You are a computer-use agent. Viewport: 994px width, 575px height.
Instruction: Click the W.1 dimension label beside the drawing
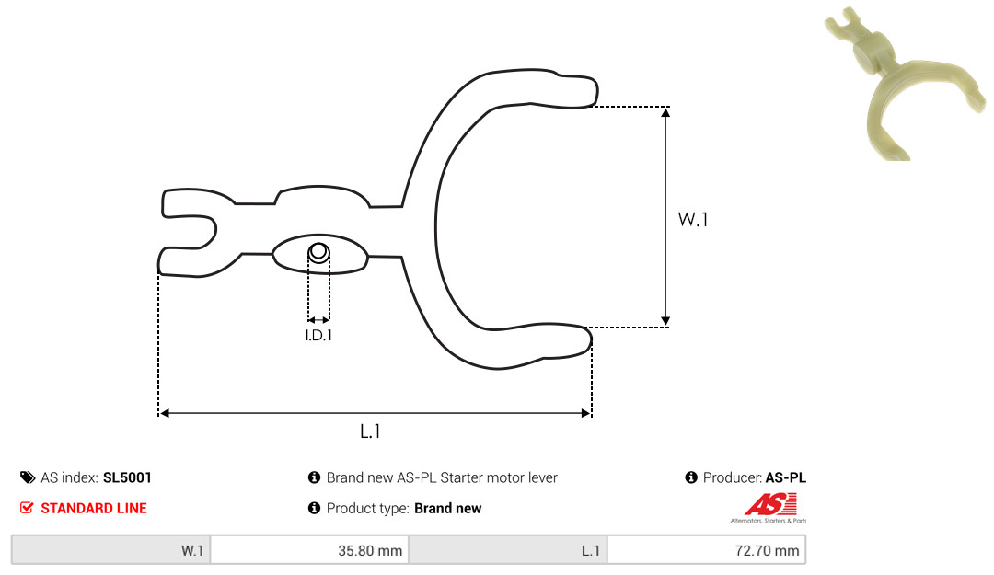[694, 220]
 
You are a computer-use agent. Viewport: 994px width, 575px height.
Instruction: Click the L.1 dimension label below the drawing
[370, 431]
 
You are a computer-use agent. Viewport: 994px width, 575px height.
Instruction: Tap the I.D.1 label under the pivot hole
[318, 336]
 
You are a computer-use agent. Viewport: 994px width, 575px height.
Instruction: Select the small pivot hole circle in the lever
[318, 251]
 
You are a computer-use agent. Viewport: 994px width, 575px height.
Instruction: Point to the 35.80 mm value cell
[309, 551]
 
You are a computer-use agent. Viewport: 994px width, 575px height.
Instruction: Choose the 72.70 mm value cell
[706, 551]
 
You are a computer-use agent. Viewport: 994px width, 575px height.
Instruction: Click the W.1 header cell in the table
[110, 551]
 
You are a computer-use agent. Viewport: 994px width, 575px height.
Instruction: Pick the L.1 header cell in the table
[507, 551]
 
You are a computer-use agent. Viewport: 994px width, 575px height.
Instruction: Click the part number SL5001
[128, 477]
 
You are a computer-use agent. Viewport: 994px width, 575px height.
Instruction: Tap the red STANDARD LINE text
[93, 508]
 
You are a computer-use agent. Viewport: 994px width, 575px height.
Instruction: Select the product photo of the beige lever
[889, 83]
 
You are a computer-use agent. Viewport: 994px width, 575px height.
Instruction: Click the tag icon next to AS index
[28, 477]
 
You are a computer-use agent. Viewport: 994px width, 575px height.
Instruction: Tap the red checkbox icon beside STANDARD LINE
[27, 508]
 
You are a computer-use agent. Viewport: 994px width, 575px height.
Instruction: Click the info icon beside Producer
[691, 477]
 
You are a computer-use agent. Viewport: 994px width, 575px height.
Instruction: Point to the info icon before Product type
[314, 508]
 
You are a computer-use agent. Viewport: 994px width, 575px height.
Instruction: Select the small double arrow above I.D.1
[318, 319]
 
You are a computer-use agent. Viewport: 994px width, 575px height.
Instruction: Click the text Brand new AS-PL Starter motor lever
[442, 477]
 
